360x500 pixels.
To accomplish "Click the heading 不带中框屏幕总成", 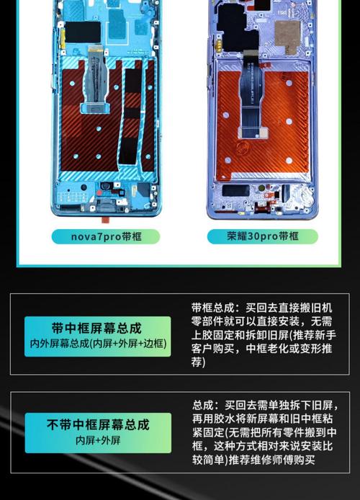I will click(97, 425).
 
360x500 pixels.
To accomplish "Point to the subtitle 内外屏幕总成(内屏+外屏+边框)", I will click(97, 344).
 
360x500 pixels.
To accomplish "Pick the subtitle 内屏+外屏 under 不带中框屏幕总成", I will click(97, 440).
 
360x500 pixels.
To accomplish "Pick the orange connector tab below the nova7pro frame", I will click(102, 215).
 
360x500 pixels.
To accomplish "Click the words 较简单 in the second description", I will click(209, 460).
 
